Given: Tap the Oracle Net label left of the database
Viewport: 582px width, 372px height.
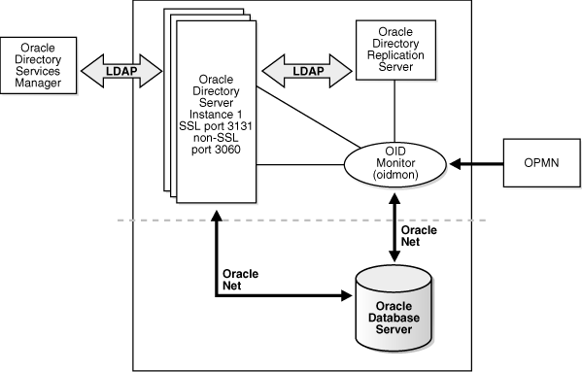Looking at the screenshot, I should [241, 280].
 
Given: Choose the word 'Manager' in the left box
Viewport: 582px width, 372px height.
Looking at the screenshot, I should [39, 85].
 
